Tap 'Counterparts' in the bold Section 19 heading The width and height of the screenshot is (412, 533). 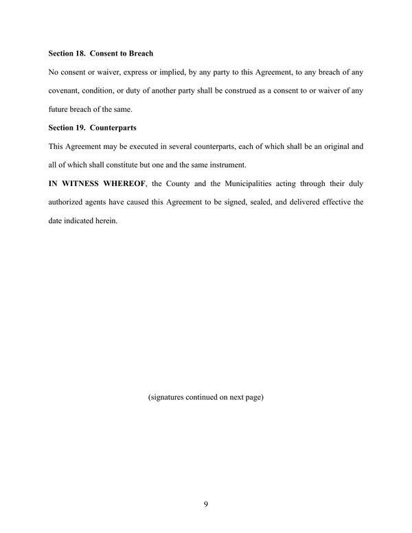[x=114, y=127]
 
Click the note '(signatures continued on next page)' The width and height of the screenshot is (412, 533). [x=206, y=397]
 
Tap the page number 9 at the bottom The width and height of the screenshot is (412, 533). [x=206, y=505]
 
